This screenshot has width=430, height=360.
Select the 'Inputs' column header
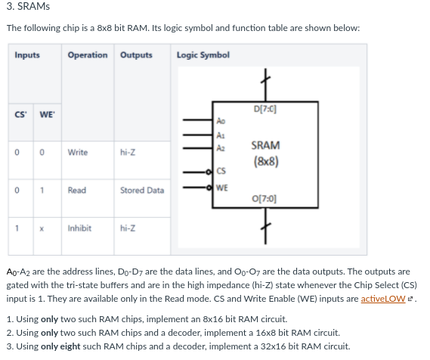26,55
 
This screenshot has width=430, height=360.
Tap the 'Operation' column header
87,55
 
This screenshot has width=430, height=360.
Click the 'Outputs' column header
136,55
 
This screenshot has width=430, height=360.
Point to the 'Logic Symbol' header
203,55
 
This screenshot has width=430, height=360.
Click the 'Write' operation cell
78,152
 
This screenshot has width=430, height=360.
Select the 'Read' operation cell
77,190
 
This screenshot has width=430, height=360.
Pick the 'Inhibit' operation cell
79,228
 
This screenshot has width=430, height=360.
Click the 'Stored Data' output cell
142,190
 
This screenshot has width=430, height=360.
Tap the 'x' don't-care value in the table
44,228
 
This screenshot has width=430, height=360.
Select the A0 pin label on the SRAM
221,120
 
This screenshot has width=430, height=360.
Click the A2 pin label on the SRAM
221,149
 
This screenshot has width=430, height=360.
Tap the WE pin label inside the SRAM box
222,188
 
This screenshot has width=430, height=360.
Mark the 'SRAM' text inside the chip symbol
266,145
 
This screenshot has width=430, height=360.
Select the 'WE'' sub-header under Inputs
45,114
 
